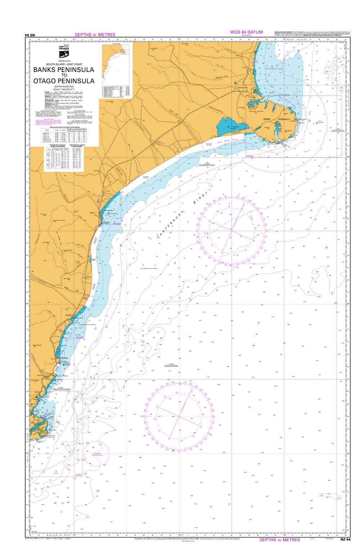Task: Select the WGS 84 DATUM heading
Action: (x=246, y=32)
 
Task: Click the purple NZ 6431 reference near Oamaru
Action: (x=80, y=337)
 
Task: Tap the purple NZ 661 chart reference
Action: (x=79, y=475)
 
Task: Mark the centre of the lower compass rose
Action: (x=173, y=416)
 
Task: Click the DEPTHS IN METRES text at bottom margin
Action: (x=279, y=540)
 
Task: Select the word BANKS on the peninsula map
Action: (x=267, y=119)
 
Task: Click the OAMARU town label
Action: (x=69, y=314)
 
